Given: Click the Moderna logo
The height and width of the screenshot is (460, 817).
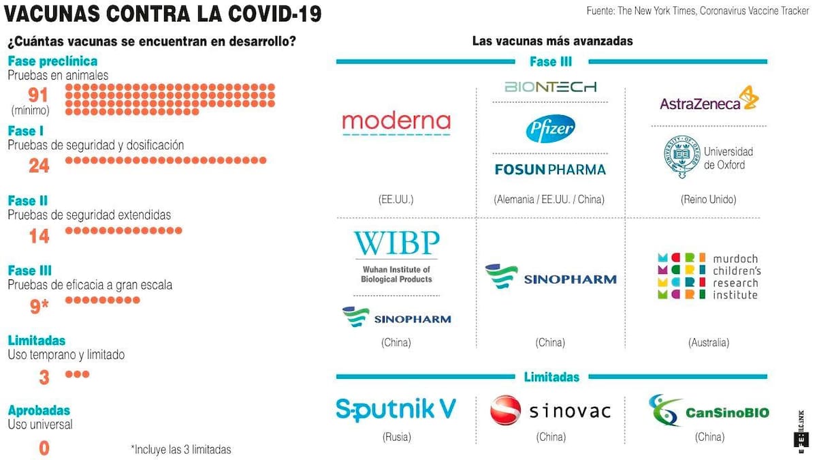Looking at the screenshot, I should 396,123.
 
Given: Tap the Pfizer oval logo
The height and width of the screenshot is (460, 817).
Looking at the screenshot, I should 550,129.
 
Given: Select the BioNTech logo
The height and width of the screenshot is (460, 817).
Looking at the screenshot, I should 550,87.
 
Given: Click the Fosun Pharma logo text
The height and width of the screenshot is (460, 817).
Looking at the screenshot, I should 550,169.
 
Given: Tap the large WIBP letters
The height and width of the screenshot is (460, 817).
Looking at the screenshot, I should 396,244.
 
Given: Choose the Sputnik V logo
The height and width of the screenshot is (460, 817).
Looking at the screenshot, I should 396,409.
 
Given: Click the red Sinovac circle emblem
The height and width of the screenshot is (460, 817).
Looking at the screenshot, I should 506,410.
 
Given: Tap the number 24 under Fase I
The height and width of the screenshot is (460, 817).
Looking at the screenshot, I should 39,165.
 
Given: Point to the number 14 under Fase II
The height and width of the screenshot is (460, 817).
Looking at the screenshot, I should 39,236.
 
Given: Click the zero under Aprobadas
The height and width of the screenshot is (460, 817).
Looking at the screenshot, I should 44,448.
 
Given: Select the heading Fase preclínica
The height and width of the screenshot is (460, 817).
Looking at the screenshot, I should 52,61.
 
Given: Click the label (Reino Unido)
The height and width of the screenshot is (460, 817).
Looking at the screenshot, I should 708,200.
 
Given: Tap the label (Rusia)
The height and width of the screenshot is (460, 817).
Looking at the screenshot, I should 396,437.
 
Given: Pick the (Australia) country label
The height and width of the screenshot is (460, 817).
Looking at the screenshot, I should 708,342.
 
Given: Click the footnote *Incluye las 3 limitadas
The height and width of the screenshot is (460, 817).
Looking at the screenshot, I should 180,449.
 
